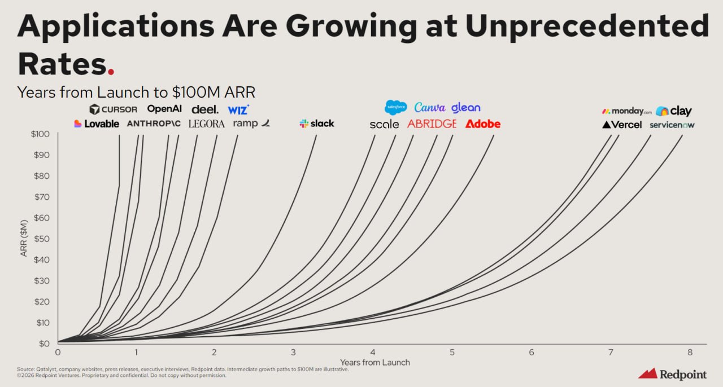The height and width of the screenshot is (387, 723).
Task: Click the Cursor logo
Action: coord(113,109)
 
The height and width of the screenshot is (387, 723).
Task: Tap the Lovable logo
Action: coord(97,124)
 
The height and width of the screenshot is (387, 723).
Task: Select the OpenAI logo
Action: coord(164,109)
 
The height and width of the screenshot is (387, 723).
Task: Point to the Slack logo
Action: coord(317,124)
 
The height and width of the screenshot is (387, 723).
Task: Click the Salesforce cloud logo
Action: coord(395,107)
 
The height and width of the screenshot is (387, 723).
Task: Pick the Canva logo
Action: coord(429,107)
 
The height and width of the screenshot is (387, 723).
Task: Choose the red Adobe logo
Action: coord(483,124)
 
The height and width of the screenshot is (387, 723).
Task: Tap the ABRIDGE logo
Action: coord(432,124)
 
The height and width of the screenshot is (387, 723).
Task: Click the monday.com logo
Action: coord(626,111)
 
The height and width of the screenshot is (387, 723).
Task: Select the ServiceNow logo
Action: coord(672,125)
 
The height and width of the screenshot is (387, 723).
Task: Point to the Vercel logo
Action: coord(622,125)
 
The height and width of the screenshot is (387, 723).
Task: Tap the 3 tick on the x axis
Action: coord(293,352)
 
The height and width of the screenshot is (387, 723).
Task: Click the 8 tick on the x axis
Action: coord(690,352)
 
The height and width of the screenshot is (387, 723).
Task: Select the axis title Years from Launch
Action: coord(374,362)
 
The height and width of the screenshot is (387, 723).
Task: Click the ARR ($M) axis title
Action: coord(24,239)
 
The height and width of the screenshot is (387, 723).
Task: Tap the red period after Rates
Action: coord(111,72)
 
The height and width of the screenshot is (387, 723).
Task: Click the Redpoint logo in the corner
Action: coord(672,373)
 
